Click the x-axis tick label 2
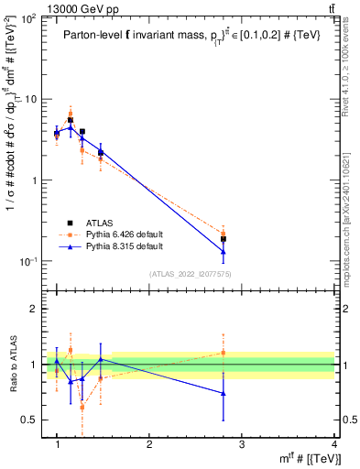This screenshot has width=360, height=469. (149, 445)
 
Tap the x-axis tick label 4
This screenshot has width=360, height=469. (334, 445)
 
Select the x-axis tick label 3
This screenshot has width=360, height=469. (242, 445)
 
